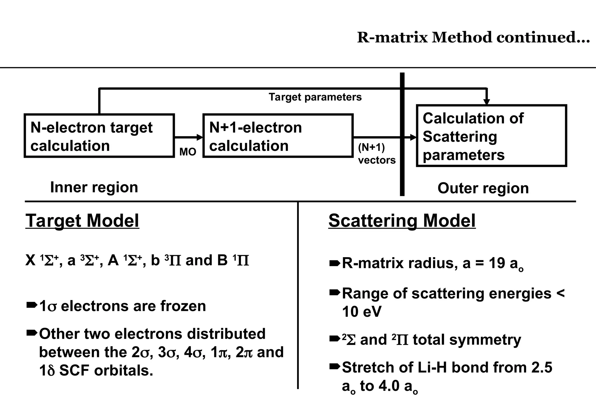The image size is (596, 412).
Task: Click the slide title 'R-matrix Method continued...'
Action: (473, 38)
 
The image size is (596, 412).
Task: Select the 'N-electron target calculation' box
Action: (99, 136)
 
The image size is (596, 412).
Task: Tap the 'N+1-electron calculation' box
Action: (278, 136)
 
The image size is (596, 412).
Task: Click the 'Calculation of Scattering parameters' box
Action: (491, 136)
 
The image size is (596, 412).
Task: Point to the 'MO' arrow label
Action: (188, 152)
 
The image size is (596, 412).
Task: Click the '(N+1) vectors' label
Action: (377, 154)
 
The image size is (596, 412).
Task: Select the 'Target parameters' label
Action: (315, 97)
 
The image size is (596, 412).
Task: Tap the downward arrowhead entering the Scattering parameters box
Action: (487, 102)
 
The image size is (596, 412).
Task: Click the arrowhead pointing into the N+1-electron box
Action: (200, 137)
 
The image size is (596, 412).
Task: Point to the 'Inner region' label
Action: (94, 187)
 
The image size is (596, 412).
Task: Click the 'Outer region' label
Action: (483, 188)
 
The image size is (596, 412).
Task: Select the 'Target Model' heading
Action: (82, 221)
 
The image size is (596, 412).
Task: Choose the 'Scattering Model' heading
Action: (402, 221)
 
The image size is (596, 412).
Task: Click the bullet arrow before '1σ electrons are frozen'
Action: (31, 305)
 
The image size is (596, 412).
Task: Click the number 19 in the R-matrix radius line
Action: (497, 263)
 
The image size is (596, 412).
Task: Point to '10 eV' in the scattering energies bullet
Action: (361, 312)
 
